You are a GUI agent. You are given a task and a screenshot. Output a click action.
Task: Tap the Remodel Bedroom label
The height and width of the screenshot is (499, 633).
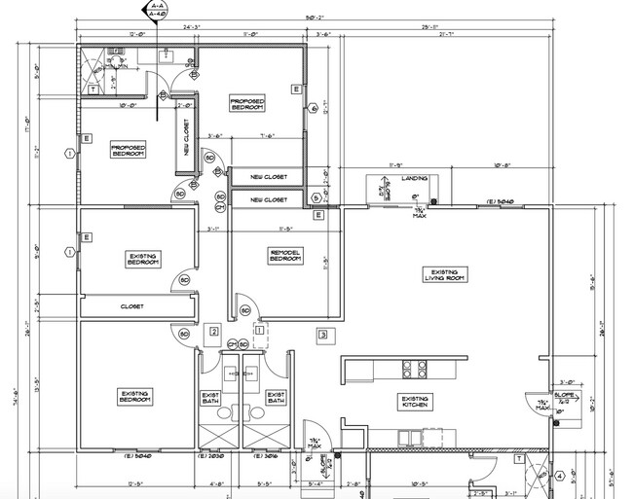[x=285, y=255]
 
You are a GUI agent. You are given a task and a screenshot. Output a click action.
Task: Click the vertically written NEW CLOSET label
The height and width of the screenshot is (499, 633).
[x=187, y=137]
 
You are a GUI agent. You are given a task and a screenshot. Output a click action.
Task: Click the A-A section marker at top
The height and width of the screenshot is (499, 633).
[x=154, y=11]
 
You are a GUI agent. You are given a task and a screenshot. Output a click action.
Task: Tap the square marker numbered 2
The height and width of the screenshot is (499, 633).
[x=213, y=332]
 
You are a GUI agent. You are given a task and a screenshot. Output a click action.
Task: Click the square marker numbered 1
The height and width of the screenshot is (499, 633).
[x=260, y=332]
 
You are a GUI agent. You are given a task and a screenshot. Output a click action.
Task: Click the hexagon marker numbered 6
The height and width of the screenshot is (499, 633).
[x=314, y=109]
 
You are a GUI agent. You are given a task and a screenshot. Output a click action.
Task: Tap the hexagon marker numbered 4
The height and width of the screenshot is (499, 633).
[x=560, y=477]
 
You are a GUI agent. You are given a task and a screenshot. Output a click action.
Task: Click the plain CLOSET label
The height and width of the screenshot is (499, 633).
[x=132, y=306]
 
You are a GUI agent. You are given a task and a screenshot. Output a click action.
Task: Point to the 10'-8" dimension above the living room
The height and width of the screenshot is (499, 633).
[x=503, y=164]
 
